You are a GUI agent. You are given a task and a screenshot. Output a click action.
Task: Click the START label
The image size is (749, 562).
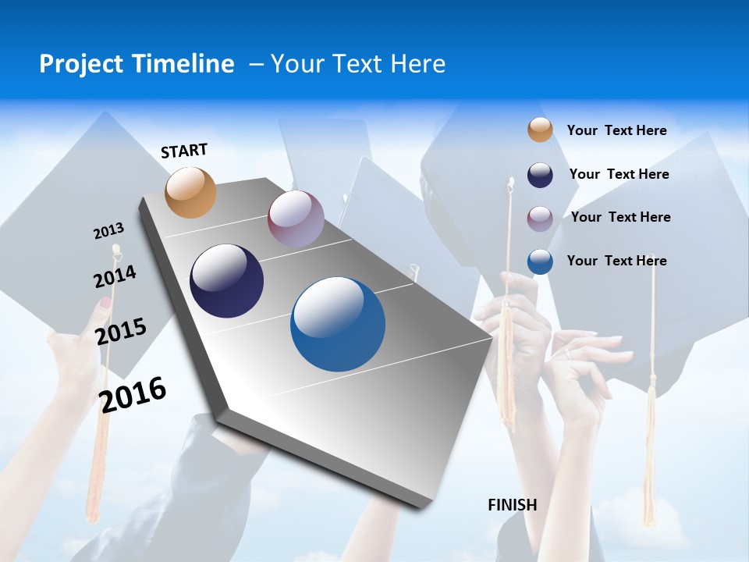point(184,151)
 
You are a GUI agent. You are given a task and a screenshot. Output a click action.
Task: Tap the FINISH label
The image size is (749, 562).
point(512,504)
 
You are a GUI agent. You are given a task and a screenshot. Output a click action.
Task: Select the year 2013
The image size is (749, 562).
point(108,231)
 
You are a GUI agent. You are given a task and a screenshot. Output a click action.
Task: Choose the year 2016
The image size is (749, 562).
point(133,394)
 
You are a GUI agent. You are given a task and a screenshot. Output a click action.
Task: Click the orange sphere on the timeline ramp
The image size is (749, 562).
point(190,192)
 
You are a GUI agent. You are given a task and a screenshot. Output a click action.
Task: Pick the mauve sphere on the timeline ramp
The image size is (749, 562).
point(296,218)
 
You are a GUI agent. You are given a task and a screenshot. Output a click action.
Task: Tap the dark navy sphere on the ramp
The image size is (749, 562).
point(226,281)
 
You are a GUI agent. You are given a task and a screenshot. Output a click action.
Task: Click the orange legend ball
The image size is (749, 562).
point(540,130)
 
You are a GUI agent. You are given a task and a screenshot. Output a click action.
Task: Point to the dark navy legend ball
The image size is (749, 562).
point(540,174)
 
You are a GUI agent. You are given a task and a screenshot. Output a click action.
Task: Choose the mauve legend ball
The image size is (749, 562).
point(540,218)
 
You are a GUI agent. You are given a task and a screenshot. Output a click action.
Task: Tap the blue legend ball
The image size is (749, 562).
point(540,261)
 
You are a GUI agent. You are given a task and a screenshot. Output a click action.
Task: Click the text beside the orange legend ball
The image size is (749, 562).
point(616,130)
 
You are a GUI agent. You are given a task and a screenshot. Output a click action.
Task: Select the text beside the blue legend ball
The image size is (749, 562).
point(616,261)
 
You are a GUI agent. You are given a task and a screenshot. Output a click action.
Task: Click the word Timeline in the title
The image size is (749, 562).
point(185,64)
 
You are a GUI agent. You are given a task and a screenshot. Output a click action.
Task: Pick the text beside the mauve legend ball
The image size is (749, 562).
point(620,217)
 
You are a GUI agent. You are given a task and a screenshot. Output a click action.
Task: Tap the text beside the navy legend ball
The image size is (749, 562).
point(619,174)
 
